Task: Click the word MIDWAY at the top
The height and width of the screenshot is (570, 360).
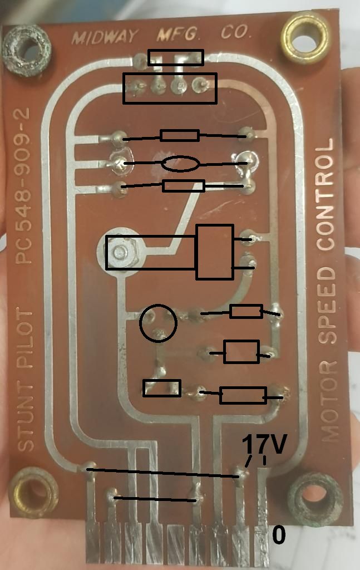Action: coord(104,37)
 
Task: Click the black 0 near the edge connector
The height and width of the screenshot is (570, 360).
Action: coord(278,535)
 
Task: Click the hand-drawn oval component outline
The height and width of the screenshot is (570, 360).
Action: coord(180,164)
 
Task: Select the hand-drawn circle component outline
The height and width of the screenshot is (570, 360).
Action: coord(158,322)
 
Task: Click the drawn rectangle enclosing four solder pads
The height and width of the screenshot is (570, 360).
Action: coord(170,88)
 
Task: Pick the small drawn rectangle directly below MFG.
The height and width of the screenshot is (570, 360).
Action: coord(175,57)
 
